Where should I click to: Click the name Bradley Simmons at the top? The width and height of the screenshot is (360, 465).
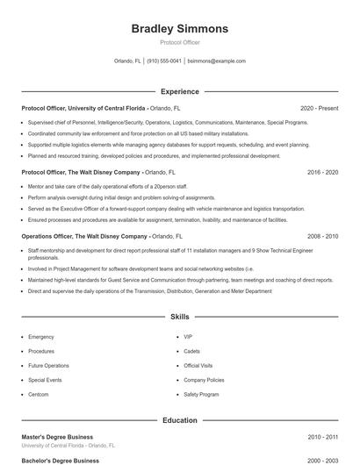tap(179, 29)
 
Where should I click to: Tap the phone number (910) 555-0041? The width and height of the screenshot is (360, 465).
tap(164, 61)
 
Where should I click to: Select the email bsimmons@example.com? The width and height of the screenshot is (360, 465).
tap(217, 61)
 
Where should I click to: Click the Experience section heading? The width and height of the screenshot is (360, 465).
tap(179, 91)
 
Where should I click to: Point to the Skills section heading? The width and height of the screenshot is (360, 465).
tap(179, 316)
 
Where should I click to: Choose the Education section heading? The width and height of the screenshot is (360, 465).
tap(179, 420)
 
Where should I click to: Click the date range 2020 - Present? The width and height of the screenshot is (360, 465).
tap(319, 108)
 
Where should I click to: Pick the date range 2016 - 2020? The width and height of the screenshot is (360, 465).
tap(322, 173)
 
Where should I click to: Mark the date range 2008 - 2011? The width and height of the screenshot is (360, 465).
tap(322, 237)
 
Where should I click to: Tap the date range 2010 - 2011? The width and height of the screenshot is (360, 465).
tap(322, 437)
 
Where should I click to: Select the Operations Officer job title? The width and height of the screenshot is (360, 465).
tap(83, 237)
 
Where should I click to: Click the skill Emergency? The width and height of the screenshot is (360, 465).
tap(41, 337)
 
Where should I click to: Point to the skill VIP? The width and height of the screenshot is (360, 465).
tap(188, 337)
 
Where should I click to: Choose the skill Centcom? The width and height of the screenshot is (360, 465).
tap(40, 395)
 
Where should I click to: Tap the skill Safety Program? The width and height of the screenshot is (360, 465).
tap(201, 395)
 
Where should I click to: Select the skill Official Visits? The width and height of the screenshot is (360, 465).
tap(199, 366)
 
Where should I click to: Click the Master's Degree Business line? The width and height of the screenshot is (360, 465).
tap(57, 437)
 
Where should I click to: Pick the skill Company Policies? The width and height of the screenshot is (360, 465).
tap(204, 380)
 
